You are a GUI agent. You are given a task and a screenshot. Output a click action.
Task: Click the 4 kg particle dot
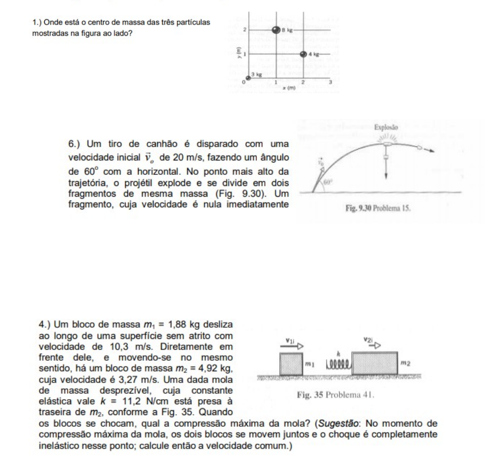click(303, 54)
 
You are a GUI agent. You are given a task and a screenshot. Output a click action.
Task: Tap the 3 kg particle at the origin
click(248, 78)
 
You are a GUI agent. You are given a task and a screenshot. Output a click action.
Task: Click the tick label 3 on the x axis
click(330, 82)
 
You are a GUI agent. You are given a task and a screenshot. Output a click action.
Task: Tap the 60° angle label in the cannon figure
click(328, 182)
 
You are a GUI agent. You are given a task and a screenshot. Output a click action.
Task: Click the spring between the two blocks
click(335, 364)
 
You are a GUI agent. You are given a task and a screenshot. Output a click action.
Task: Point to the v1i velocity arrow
click(291, 344)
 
